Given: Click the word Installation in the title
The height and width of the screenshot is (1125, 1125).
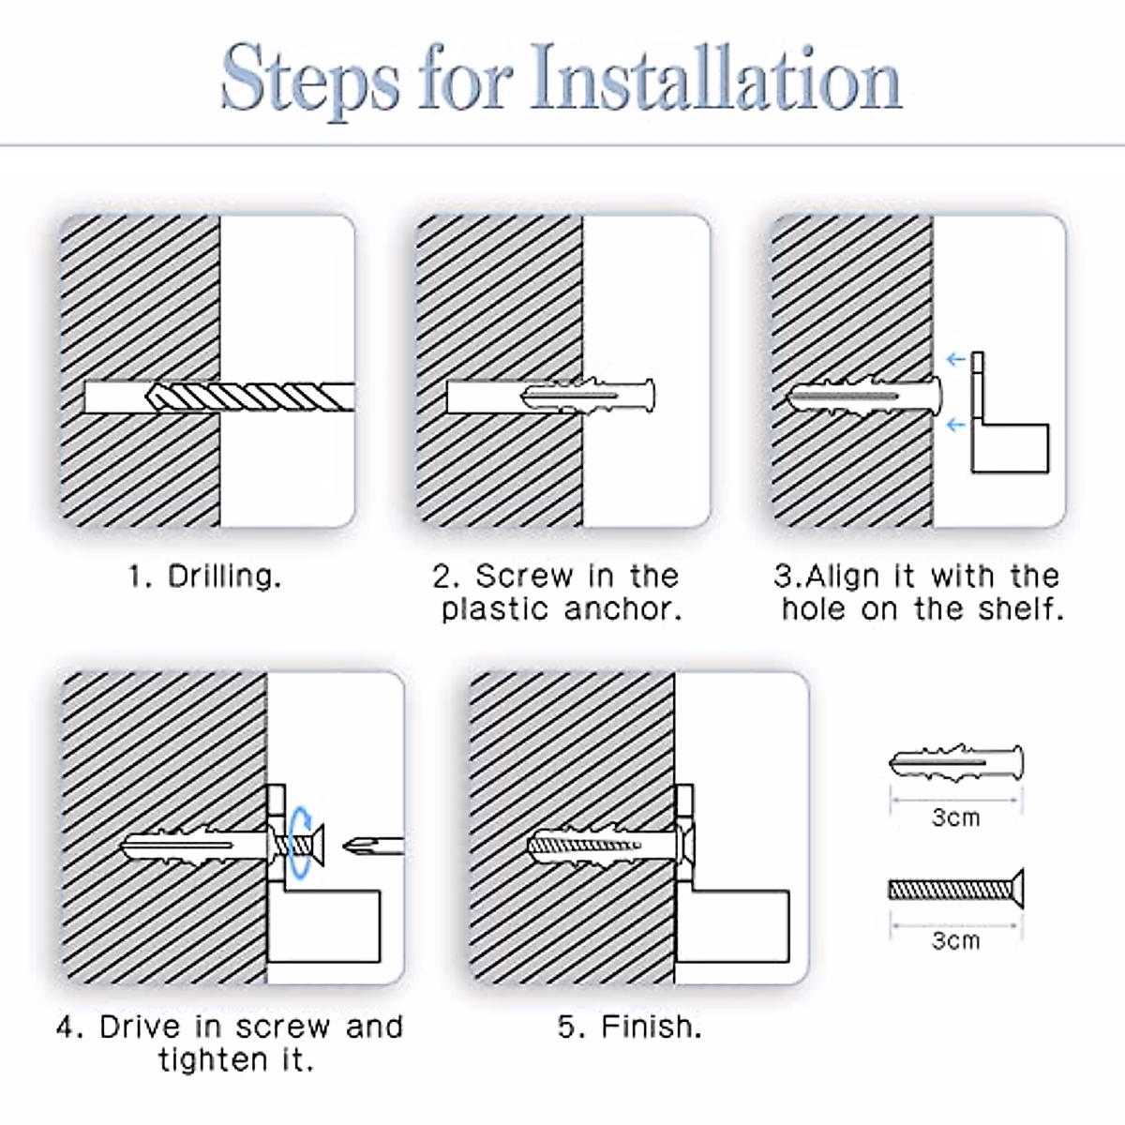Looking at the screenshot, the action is (x=715, y=78).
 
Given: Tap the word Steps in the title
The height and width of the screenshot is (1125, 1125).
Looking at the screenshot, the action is (x=310, y=81).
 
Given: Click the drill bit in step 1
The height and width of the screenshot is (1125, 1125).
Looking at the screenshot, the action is (x=249, y=397).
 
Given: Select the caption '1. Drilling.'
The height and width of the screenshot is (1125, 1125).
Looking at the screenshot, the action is (x=205, y=577).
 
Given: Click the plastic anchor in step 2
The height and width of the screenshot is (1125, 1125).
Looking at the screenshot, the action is (x=587, y=396).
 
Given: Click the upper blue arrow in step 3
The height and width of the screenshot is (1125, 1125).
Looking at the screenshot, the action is (x=955, y=359).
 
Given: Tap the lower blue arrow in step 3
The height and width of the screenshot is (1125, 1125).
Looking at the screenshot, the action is (x=955, y=425).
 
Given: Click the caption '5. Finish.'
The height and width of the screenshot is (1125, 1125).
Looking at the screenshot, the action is (x=630, y=1027).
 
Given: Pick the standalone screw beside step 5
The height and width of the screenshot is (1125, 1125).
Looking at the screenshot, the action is (x=956, y=889).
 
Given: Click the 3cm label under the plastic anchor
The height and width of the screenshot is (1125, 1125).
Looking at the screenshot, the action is (x=955, y=817).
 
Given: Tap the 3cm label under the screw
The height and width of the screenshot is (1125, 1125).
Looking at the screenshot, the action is (x=955, y=940).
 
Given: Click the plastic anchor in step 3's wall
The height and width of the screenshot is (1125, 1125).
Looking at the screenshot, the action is (x=864, y=397).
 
